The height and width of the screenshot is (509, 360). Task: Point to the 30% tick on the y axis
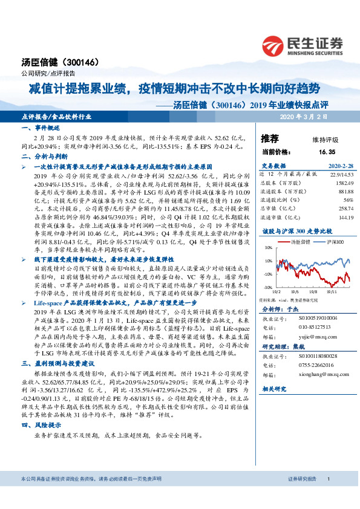pos(267,248)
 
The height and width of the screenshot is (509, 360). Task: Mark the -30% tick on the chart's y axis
pos(266,287)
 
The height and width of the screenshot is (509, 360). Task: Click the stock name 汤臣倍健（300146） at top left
pos(54,62)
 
